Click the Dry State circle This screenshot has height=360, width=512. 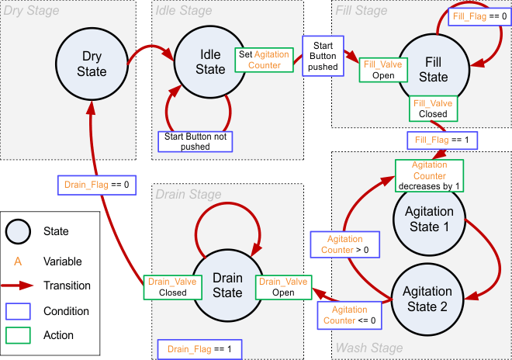pyautogui.click(x=92, y=63)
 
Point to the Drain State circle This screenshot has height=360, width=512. pyautogui.click(x=227, y=285)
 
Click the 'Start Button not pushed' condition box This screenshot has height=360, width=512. pyautogui.click(x=195, y=140)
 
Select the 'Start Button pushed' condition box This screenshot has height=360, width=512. pyautogui.click(x=323, y=55)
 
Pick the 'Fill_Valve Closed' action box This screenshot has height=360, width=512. pyautogui.click(x=433, y=109)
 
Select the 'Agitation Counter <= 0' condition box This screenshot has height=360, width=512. pyautogui.click(x=348, y=314)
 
